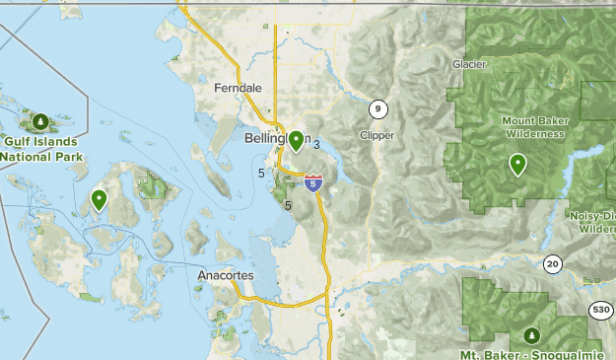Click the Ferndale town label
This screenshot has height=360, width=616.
[238, 88]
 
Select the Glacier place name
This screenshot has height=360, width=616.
[469, 64]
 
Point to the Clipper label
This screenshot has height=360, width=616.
[377, 135]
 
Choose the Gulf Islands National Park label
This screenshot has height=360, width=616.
[39, 149]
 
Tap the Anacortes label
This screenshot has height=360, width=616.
[226, 275]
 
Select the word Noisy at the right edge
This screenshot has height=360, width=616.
[588, 215]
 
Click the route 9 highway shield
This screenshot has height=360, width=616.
[377, 108]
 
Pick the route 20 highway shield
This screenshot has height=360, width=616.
[552, 262]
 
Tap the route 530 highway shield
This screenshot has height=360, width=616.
[601, 310]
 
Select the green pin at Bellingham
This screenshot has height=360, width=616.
[295, 140]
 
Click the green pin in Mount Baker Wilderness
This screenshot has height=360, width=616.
[517, 164]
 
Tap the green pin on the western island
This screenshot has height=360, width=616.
[99, 199]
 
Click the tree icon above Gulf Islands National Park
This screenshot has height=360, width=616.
[39, 122]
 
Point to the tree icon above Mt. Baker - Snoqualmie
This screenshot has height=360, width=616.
[532, 335]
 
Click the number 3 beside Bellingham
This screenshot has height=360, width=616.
[316, 145]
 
